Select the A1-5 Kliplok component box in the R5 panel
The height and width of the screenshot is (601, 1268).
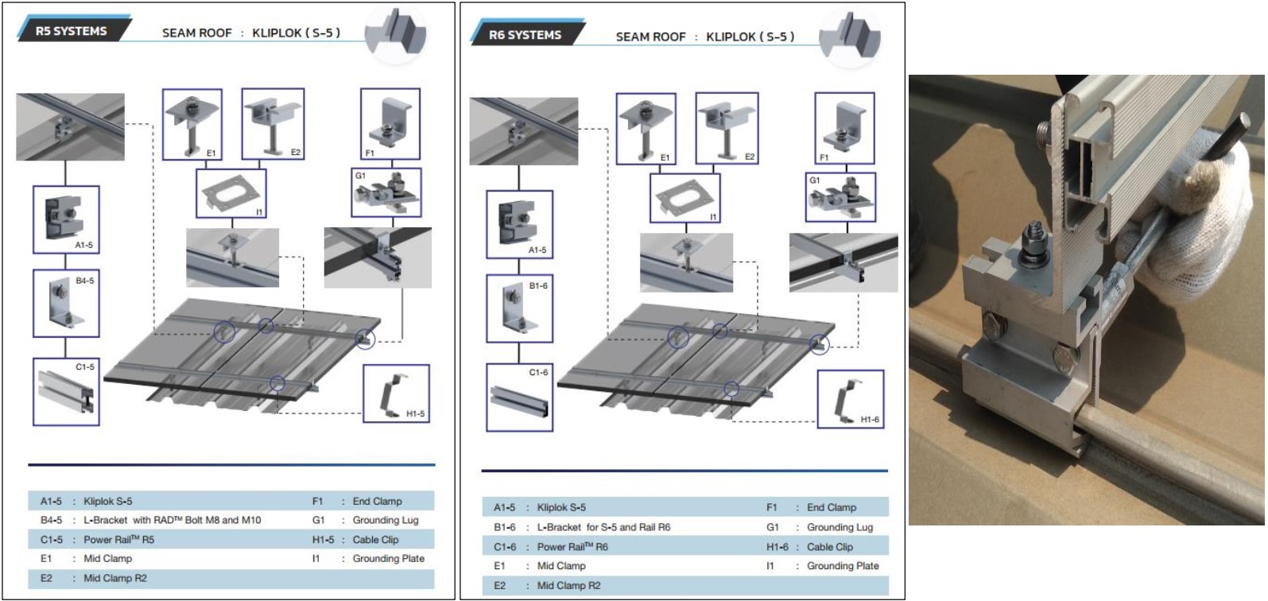[x=66, y=219]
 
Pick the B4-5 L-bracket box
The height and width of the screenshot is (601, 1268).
[x=66, y=304]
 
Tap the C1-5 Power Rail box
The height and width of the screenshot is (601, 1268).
[x=66, y=392]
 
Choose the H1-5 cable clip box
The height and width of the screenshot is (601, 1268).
[x=396, y=394]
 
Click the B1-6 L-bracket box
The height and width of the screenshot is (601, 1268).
[x=520, y=308]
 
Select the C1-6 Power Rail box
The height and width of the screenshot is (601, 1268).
[x=520, y=397]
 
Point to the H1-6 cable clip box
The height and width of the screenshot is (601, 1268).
[x=851, y=400]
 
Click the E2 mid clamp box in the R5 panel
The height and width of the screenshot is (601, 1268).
[x=273, y=124]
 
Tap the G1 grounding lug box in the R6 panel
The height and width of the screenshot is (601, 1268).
[x=840, y=197]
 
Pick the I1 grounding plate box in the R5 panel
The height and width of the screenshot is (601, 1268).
[x=231, y=193]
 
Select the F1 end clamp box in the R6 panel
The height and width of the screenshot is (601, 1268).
[x=844, y=129]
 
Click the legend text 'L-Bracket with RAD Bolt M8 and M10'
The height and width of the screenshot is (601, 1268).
[x=172, y=520]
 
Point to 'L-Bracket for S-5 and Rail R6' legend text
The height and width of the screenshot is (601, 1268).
[x=603, y=527]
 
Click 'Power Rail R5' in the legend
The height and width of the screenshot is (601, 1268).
[x=119, y=539]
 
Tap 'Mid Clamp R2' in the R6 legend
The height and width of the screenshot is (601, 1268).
[x=569, y=586]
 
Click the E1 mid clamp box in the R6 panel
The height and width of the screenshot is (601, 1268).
[x=646, y=129]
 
